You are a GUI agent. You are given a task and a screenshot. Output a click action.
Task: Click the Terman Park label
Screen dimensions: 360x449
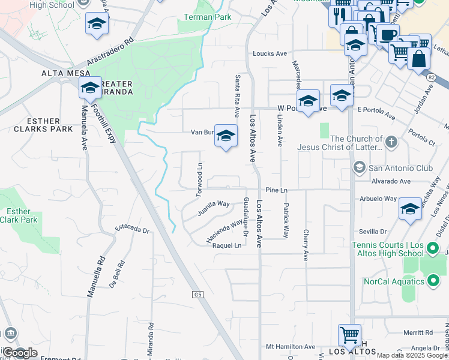click(207, 17)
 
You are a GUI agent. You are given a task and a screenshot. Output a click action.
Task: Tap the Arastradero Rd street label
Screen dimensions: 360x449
click(109, 53)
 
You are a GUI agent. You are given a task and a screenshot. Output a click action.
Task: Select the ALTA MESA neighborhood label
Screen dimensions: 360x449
click(65, 73)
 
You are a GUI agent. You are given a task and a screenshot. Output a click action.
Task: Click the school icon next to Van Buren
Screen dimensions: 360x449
click(226, 136)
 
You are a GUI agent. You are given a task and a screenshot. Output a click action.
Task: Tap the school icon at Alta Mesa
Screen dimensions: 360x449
click(90, 88)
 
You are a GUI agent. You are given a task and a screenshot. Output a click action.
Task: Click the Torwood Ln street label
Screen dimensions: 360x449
click(198, 175)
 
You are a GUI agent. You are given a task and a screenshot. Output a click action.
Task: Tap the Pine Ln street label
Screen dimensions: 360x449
click(277, 190)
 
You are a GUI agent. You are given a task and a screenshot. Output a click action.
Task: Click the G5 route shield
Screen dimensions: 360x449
click(197, 295)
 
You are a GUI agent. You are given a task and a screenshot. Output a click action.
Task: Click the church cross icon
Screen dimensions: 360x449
click(391, 142)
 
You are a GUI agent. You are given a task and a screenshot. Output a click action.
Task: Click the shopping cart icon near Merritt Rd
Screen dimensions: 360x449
click(349, 334)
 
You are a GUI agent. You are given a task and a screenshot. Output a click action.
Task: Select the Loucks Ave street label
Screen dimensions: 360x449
click(270, 53)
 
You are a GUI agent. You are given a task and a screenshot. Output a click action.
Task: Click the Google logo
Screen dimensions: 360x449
click(19, 353)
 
